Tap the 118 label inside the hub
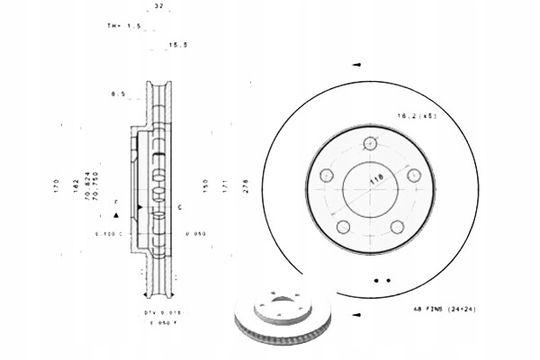point(373,180)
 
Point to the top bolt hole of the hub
point(370,143)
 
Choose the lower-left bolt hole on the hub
point(343,227)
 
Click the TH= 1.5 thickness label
point(121,26)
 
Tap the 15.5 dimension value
point(177,44)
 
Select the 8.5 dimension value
point(117,93)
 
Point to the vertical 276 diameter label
point(246,186)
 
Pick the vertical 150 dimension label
point(205,186)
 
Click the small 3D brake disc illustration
point(282,320)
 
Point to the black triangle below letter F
point(116,217)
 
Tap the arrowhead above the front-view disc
point(357,65)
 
